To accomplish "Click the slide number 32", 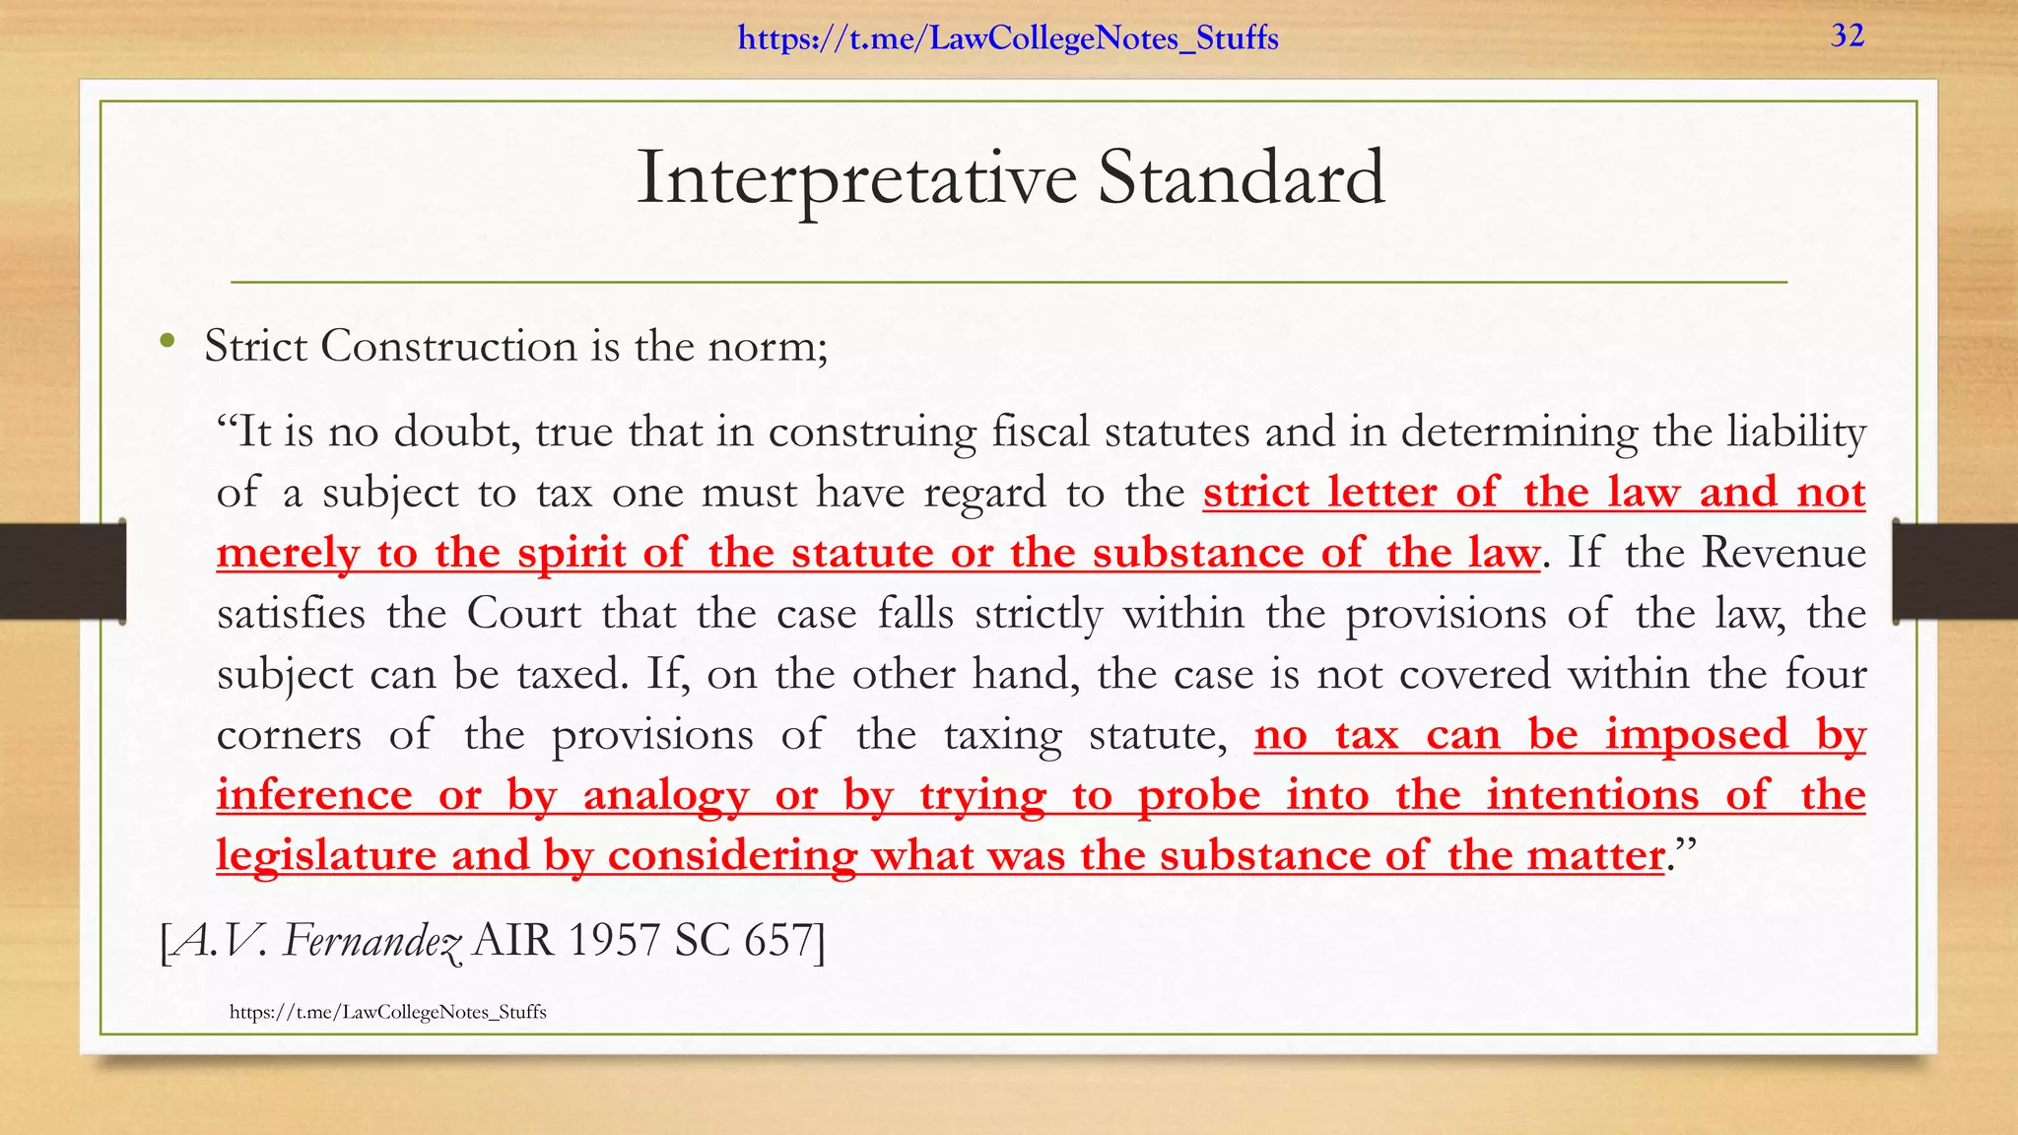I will (x=1848, y=35).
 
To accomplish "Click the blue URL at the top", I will (x=1008, y=38).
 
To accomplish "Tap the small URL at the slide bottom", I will (x=387, y=1012).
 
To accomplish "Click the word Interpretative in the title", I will (x=857, y=178).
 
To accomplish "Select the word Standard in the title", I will (x=1242, y=178).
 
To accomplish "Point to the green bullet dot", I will (x=167, y=342).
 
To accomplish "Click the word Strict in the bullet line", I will (x=256, y=346).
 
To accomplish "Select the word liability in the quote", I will (x=1796, y=432).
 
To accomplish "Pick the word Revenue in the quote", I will (x=1783, y=552).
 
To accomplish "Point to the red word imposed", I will (x=1697, y=735).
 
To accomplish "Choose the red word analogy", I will (x=666, y=796).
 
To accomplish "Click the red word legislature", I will (x=326, y=855).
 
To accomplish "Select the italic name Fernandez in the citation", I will (x=372, y=941).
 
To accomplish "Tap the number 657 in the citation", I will (x=779, y=941).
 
